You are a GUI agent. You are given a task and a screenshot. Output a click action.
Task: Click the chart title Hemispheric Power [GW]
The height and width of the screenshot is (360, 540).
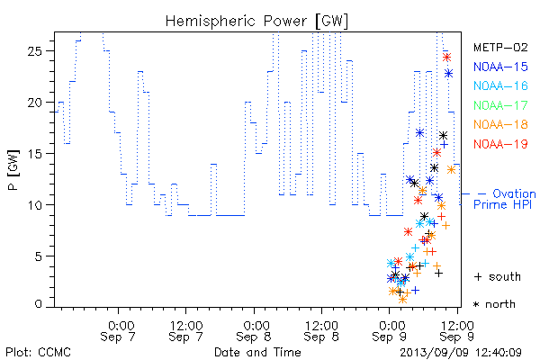(256, 22)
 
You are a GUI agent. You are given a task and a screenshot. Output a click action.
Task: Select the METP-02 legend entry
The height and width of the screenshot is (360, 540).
(500, 47)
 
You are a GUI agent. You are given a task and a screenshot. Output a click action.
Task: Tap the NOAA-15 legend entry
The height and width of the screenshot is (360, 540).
(500, 67)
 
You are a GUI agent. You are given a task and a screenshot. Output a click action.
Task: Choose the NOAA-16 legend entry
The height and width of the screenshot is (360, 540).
(500, 85)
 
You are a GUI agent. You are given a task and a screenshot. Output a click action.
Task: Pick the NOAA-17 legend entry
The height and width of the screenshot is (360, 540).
(500, 105)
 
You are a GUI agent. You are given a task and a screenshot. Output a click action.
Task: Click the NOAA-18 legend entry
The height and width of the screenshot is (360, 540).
(500, 124)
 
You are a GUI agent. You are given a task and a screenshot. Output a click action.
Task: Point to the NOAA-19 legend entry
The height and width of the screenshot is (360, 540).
(500, 144)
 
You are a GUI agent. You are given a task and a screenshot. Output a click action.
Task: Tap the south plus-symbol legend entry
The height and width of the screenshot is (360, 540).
(498, 276)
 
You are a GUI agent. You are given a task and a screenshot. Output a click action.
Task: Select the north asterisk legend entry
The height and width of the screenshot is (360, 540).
(494, 304)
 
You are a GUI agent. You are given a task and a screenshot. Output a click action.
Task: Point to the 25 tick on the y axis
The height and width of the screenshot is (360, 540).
(34, 51)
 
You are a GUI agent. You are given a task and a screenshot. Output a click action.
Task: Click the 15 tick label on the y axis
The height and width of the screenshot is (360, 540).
(34, 154)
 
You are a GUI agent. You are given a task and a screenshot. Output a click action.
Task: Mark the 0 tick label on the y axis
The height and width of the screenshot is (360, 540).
(39, 304)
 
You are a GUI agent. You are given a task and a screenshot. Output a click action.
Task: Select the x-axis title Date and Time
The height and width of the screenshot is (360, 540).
(257, 352)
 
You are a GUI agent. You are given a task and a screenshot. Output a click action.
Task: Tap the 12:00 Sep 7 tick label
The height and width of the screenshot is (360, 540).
(186, 331)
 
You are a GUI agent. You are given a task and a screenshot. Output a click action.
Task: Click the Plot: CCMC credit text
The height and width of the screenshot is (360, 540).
(38, 352)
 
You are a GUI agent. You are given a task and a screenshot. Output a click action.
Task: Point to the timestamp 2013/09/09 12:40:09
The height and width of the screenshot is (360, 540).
(461, 353)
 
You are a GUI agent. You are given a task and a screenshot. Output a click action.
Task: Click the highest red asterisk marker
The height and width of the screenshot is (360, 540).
(446, 58)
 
